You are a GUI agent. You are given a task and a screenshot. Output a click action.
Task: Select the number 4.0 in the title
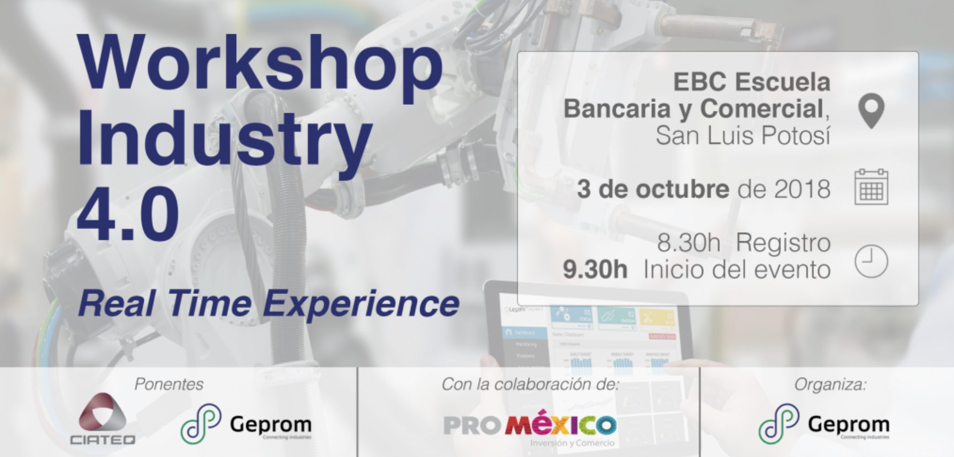(127, 213)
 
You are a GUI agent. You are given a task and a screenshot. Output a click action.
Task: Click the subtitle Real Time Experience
(268, 303)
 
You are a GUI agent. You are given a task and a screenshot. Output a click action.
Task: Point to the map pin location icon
(871, 111)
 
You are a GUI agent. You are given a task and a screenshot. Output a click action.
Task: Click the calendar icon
(871, 187)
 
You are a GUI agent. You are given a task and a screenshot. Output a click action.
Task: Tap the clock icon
(871, 261)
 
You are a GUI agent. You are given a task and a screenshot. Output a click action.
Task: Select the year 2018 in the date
(802, 189)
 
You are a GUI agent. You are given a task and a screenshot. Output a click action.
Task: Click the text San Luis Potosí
(743, 136)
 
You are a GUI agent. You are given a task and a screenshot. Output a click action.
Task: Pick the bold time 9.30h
(595, 270)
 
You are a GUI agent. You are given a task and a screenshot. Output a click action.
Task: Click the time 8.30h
(688, 243)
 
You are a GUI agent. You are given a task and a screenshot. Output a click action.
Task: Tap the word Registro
(783, 243)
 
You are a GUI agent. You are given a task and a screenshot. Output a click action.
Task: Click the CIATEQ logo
(103, 419)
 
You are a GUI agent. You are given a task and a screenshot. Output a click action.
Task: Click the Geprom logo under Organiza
(824, 424)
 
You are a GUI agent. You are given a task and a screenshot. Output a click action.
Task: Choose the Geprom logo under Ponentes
(246, 424)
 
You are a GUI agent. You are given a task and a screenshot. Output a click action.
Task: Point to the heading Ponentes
(169, 384)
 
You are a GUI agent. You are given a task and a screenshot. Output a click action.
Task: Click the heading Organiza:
(830, 384)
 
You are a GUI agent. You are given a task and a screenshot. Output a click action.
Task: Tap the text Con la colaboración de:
(530, 384)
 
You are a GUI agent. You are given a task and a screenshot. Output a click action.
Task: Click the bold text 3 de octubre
(653, 189)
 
